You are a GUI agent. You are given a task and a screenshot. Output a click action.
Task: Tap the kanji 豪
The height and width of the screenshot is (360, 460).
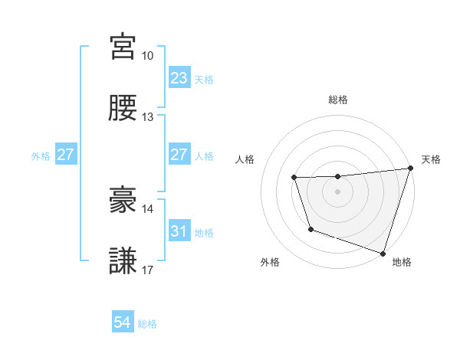coord(123,200)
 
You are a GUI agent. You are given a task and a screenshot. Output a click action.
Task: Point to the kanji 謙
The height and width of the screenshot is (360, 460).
coord(123,261)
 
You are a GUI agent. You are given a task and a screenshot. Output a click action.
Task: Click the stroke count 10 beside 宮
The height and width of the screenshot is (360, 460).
coord(147,56)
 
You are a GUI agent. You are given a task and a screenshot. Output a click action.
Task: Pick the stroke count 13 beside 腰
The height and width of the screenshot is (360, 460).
coord(147,117)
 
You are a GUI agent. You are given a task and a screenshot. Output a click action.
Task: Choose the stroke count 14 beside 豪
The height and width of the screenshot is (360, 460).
coord(147,208)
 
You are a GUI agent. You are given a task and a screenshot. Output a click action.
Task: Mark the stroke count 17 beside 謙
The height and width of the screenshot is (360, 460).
coord(147,270)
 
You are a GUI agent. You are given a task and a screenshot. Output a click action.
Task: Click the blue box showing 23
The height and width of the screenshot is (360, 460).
coord(179,78)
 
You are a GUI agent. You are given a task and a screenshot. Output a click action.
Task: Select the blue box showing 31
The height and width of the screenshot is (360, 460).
coord(179,231)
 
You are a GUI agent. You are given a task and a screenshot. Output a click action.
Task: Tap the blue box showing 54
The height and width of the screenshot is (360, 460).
coord(122,323)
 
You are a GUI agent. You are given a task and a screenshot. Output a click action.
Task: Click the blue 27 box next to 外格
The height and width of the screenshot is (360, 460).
coord(65,155)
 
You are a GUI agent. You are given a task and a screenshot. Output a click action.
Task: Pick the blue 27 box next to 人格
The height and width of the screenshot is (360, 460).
coord(179,155)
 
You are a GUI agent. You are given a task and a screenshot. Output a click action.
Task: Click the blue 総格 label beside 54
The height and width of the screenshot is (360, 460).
coord(147,324)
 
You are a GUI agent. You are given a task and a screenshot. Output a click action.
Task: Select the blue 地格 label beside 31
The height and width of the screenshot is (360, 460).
coord(204,232)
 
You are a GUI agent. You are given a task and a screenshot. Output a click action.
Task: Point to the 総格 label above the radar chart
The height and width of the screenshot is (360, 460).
coord(337,100)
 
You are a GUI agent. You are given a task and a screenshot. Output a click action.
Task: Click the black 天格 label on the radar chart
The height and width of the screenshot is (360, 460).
coord(431,159)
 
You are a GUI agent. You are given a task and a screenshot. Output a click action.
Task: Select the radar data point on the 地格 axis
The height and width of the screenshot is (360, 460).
coord(383,252)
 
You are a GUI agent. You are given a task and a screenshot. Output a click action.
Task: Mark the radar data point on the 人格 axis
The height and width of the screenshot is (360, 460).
coord(294,178)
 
